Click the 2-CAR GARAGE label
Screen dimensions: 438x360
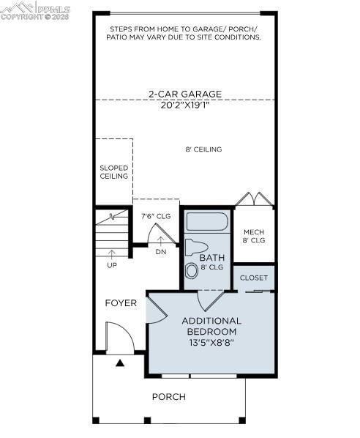point(184,94)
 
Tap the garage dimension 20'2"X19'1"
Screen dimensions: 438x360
point(184,104)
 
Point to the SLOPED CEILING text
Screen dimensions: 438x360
point(113,171)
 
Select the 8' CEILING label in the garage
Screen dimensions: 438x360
point(203,149)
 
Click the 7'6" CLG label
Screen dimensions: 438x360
point(156,216)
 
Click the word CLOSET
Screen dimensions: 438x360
point(254,278)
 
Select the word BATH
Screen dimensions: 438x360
point(211,258)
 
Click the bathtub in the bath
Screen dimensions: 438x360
point(207,222)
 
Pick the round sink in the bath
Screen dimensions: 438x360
point(192,270)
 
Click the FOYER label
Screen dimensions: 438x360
point(121,302)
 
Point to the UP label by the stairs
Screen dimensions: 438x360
point(112,265)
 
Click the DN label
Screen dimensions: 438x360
point(161,252)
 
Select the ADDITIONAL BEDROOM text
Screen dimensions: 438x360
point(211,326)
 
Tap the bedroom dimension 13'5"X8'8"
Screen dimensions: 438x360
point(211,342)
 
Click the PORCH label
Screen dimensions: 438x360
point(168,396)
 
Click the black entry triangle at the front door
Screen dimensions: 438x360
point(120,362)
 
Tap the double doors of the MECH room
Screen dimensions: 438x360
point(253,199)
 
